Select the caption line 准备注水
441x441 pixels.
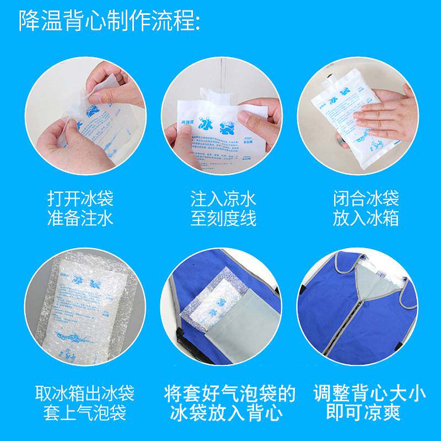(x=80, y=219)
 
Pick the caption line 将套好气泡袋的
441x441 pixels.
(x=230, y=394)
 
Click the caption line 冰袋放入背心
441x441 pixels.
(x=230, y=413)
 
